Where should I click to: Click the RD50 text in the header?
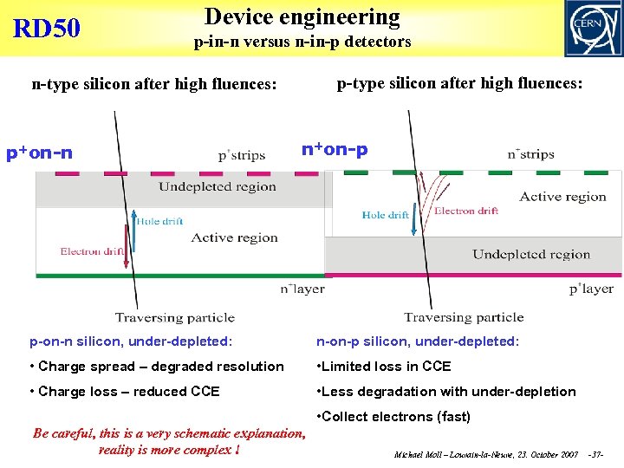click(47, 29)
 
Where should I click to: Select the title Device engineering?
click(302, 16)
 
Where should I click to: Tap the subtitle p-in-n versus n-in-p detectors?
click(302, 42)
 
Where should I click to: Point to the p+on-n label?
click(39, 153)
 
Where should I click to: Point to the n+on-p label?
click(335, 148)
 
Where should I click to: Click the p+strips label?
click(242, 156)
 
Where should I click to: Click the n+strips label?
click(530, 155)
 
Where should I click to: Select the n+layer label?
click(302, 289)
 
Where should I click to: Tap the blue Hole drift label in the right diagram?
click(386, 215)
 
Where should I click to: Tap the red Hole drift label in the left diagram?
click(159, 221)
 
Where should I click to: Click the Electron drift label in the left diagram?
click(93, 252)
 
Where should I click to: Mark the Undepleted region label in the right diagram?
click(530, 254)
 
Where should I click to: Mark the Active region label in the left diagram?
click(234, 237)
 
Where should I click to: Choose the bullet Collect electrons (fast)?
click(394, 416)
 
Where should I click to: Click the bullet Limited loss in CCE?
click(384, 366)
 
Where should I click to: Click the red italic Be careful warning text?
click(168, 441)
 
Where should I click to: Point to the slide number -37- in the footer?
click(595, 454)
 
